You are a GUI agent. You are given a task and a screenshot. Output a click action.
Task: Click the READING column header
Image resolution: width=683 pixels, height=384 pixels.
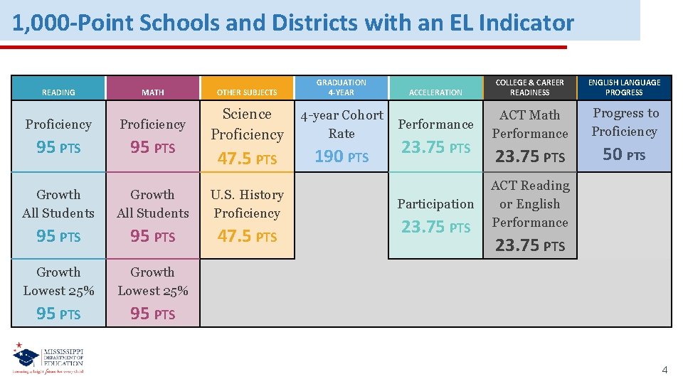(58, 92)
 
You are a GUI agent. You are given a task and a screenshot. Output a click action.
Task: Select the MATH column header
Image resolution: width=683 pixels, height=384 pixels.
(152, 92)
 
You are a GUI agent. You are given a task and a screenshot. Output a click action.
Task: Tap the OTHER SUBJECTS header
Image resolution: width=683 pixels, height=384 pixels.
(247, 92)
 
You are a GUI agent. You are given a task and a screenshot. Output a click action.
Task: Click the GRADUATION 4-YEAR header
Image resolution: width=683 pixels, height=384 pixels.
(341, 87)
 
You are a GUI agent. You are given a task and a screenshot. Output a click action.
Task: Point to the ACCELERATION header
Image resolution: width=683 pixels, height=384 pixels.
(435, 92)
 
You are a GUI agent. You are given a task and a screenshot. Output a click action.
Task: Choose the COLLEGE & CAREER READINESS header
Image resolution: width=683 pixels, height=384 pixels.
(530, 87)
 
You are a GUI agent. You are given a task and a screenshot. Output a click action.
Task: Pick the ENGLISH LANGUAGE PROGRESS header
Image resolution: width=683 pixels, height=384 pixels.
(624, 87)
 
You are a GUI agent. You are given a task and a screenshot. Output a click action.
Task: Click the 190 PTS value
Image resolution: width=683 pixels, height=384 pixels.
(341, 156)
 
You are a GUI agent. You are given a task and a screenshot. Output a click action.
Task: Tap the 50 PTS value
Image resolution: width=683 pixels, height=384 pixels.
(624, 154)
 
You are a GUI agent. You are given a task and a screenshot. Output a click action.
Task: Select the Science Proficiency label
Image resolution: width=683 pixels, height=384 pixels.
(247, 124)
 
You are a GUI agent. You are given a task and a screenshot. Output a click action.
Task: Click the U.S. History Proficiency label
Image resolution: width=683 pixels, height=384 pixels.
(247, 203)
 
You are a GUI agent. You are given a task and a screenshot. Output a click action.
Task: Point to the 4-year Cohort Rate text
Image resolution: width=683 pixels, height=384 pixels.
(341, 124)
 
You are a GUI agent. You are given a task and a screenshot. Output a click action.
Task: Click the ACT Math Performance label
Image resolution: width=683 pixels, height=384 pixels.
(530, 124)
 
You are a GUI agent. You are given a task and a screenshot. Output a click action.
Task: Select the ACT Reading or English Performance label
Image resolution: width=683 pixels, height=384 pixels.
(530, 203)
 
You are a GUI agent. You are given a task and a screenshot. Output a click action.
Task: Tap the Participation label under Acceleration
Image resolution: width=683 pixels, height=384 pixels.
(435, 204)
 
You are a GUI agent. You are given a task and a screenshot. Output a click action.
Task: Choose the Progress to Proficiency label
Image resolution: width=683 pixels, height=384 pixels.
(624, 122)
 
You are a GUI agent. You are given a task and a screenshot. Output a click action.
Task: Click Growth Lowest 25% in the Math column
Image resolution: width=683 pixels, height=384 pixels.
(152, 281)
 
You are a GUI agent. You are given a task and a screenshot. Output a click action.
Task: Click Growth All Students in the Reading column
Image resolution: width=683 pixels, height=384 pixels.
(58, 203)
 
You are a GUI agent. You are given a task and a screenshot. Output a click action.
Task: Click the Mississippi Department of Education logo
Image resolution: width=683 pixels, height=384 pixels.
(48, 359)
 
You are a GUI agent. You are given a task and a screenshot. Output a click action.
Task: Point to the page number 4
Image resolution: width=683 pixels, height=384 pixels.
(665, 370)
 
